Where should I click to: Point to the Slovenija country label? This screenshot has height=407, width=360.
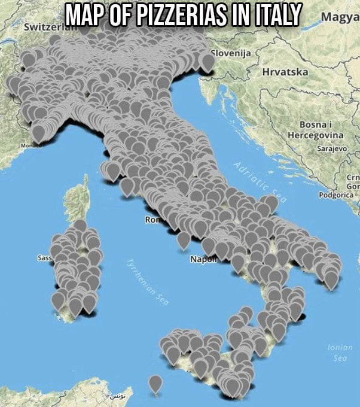click(x=234, y=54)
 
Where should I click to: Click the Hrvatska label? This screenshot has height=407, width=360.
click(x=285, y=72)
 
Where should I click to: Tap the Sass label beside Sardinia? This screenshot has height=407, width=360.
click(x=44, y=258)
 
